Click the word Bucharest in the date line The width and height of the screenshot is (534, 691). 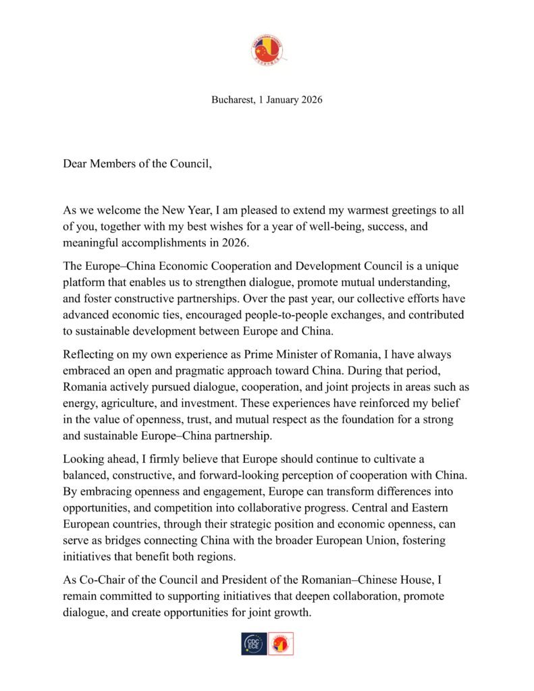coord(230,100)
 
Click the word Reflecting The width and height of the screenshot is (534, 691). coord(90,354)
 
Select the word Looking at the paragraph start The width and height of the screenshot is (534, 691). coord(84,459)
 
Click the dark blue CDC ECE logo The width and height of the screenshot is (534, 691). coord(254,643)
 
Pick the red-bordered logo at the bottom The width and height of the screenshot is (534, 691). coord(281,643)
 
